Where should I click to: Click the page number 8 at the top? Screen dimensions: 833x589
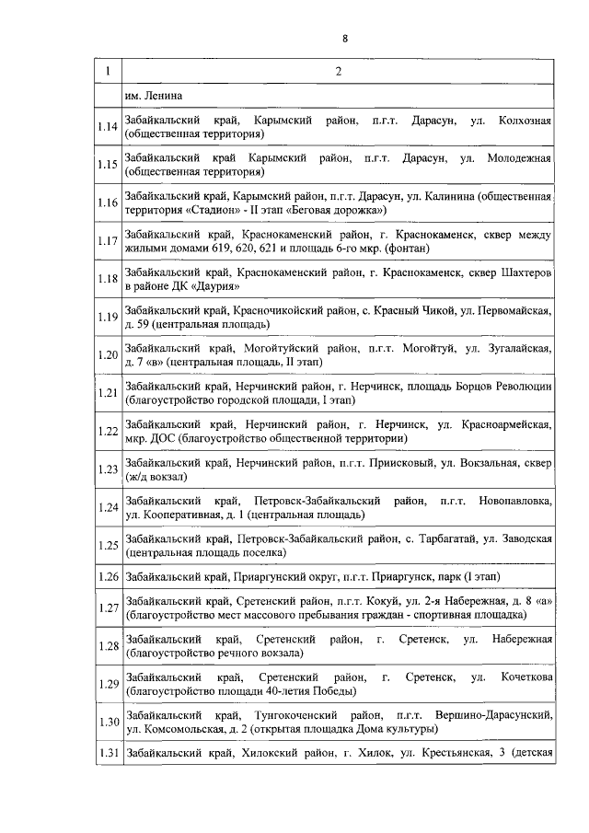(x=344, y=38)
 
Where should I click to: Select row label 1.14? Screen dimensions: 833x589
(x=108, y=127)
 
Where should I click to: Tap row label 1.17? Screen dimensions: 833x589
(x=108, y=241)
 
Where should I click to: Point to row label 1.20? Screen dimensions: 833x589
(x=108, y=354)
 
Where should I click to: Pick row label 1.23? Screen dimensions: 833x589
(x=108, y=469)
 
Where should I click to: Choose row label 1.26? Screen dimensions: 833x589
(x=108, y=577)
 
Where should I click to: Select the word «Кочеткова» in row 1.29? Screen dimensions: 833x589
(x=523, y=677)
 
